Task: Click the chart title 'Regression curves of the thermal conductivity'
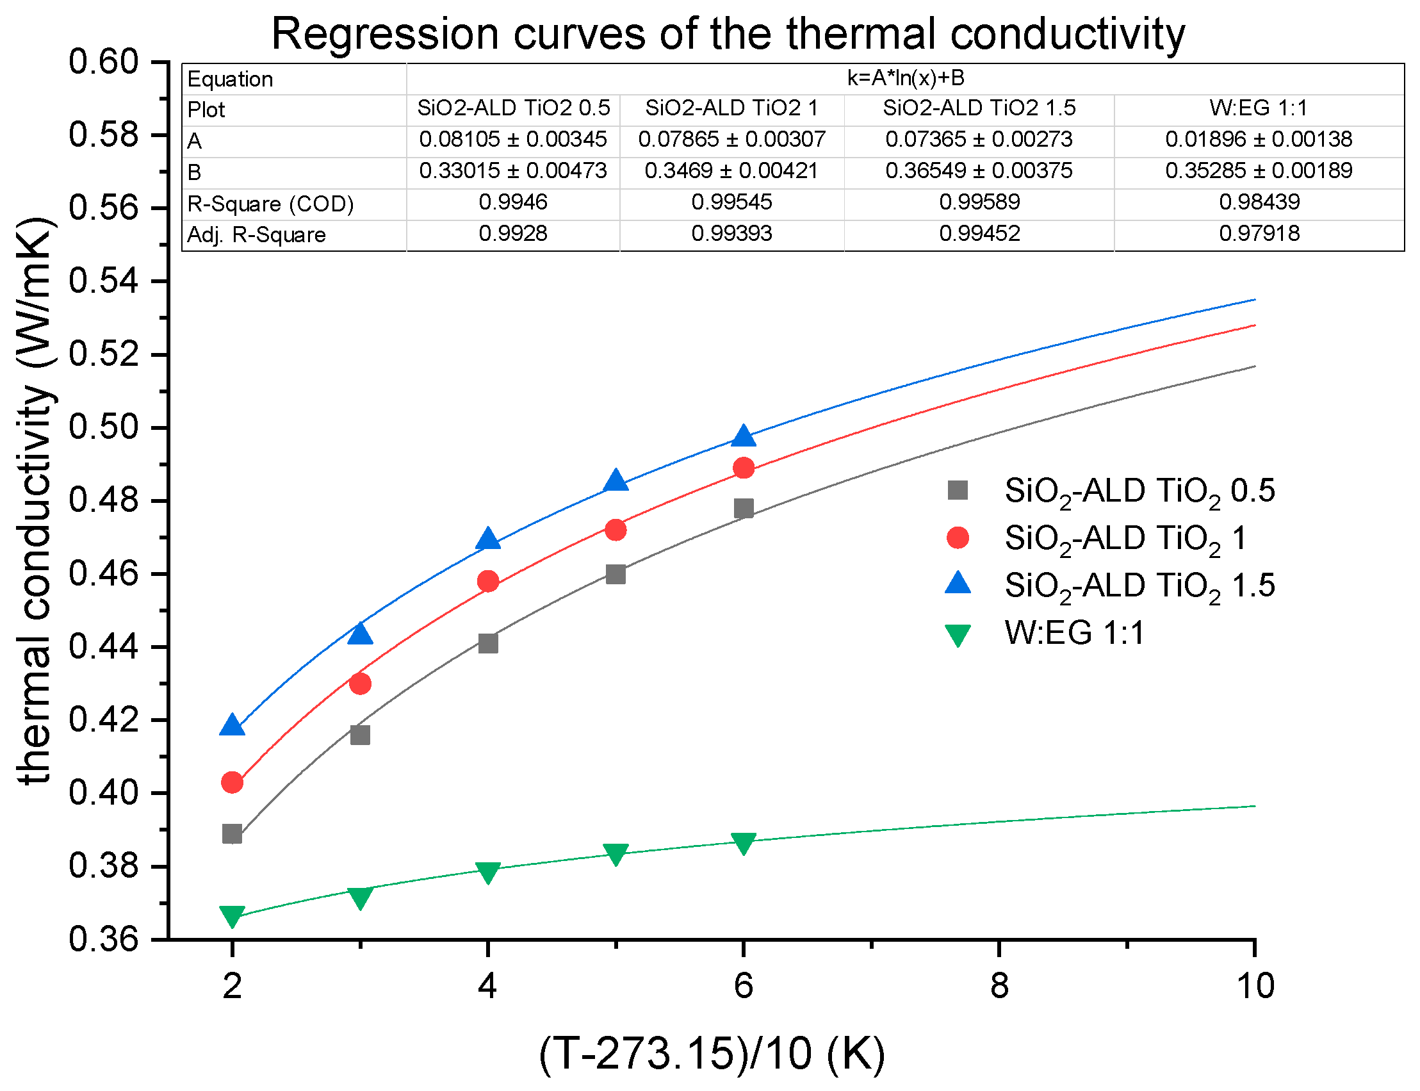[727, 34]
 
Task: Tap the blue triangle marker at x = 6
[744, 436]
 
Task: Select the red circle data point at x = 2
[232, 782]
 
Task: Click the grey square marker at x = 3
[360, 735]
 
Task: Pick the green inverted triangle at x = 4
[487, 872]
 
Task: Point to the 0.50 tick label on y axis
[104, 427]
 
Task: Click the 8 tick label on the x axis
[999, 986]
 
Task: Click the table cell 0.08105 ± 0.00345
[513, 139]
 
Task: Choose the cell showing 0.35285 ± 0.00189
[1259, 171]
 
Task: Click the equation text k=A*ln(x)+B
[906, 79]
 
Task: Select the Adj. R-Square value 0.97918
[1259, 233]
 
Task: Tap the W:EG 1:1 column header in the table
[1259, 108]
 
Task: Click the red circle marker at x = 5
[616, 530]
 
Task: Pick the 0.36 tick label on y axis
[104, 940]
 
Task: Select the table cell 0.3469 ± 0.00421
[731, 171]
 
